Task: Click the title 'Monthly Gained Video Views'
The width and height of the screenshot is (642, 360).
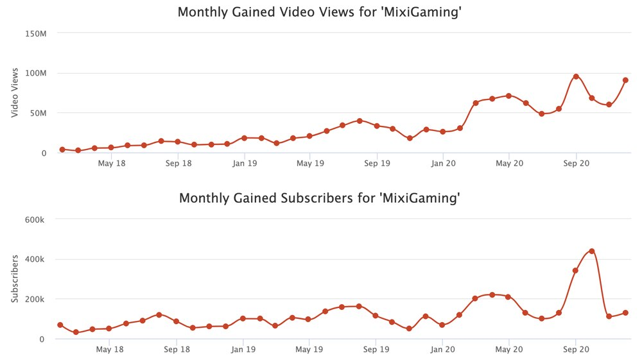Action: click(320, 12)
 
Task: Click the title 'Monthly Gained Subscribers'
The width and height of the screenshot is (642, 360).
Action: click(320, 198)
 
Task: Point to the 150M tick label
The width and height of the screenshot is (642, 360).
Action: click(35, 33)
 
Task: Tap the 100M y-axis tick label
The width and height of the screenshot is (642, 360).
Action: click(35, 73)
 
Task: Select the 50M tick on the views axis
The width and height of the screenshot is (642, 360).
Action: click(37, 113)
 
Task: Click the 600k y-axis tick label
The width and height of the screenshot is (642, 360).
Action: click(33, 219)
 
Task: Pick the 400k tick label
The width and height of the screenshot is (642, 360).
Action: click(33, 259)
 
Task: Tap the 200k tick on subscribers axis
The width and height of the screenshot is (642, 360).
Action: click(33, 299)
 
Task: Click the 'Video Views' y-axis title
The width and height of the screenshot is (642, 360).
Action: click(15, 92)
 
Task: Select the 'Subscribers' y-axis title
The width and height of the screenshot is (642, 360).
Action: click(15, 279)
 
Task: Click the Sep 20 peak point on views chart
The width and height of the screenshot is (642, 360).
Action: click(576, 76)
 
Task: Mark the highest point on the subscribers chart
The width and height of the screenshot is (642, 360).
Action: click(591, 251)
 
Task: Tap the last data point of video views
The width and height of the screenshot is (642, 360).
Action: click(625, 80)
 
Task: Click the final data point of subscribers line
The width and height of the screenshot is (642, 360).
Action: click(625, 313)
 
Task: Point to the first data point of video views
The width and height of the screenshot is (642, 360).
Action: click(62, 150)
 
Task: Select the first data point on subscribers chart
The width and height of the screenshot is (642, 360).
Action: click(60, 325)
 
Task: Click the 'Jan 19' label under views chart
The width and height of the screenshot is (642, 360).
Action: click(244, 164)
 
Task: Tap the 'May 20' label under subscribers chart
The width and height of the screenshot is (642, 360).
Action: click(509, 350)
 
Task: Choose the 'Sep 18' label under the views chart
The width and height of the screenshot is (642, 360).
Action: click(178, 164)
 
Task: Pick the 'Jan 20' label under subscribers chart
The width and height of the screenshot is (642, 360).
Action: click(443, 350)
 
